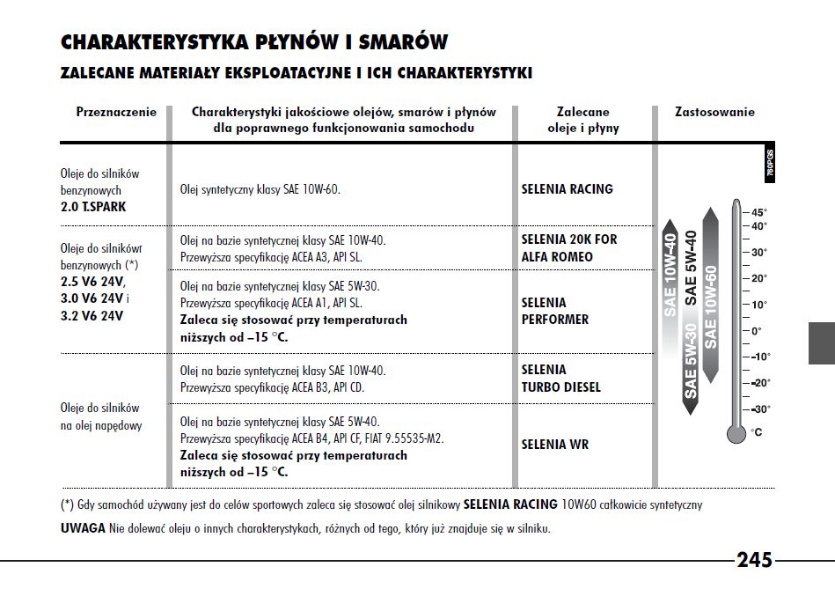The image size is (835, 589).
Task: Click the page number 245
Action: tap(754, 560)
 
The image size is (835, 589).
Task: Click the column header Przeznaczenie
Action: tap(116, 113)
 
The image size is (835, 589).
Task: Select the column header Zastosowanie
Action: tap(714, 113)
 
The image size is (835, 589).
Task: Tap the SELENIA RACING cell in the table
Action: tap(567, 189)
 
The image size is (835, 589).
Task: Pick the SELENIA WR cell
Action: tap(554, 445)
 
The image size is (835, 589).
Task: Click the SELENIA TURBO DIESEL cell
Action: tap(560, 379)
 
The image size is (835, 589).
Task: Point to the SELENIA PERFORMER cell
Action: tap(554, 311)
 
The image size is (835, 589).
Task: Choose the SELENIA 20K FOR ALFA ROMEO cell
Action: tap(569, 248)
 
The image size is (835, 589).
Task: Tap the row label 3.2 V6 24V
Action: tap(92, 314)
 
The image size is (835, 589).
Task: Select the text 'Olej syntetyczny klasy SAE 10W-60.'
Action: tap(260, 189)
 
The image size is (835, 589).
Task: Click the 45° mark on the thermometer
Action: tap(758, 213)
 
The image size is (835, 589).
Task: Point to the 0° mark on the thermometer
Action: tap(757, 331)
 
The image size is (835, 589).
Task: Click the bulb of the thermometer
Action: tap(736, 432)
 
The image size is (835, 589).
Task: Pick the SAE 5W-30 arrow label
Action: tap(691, 361)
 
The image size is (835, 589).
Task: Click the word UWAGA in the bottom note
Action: tap(82, 528)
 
